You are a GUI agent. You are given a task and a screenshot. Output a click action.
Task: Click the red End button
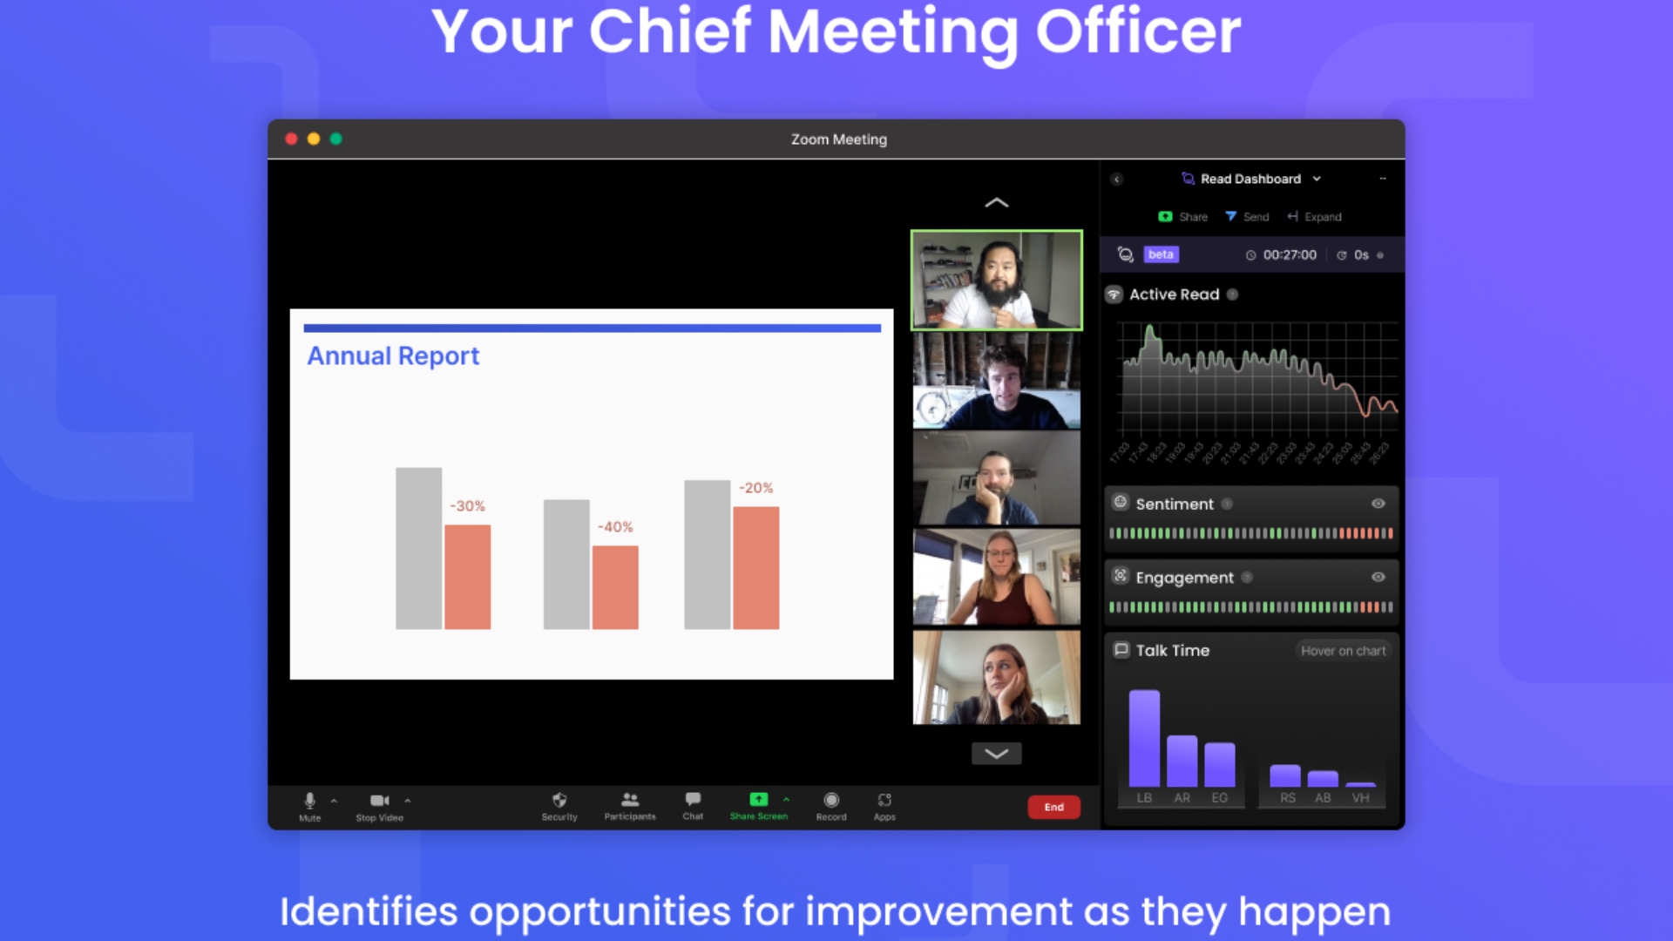tap(1053, 807)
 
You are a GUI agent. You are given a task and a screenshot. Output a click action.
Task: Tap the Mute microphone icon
tap(309, 800)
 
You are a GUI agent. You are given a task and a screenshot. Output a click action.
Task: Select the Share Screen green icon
tap(758, 799)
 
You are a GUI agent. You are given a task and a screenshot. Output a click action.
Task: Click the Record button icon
tap(831, 800)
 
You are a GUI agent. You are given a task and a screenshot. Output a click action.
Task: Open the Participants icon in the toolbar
tap(630, 799)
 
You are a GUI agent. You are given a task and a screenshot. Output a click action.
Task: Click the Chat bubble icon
tap(693, 799)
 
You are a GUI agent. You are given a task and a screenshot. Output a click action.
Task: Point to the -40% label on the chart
tap(615, 527)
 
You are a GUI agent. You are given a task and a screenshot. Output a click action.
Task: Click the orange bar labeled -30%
tap(468, 577)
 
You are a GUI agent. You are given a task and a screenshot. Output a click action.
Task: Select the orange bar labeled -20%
tap(755, 568)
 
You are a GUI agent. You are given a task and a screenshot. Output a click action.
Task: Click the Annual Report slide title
tap(393, 355)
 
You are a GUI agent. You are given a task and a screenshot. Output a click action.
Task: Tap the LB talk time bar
tap(1144, 738)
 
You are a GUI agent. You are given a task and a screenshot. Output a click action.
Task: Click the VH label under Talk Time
tap(1360, 798)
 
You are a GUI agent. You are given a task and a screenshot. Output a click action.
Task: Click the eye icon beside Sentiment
tap(1378, 504)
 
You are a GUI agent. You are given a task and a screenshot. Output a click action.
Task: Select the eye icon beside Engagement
tap(1378, 577)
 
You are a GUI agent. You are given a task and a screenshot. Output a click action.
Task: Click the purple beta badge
tap(1161, 254)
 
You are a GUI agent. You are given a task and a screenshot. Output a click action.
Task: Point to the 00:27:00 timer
tap(1290, 255)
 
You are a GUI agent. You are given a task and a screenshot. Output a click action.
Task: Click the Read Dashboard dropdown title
tap(1250, 179)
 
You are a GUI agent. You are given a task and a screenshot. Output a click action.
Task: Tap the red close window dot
tap(291, 139)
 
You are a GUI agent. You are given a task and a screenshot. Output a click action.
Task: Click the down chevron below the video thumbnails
tap(996, 754)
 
